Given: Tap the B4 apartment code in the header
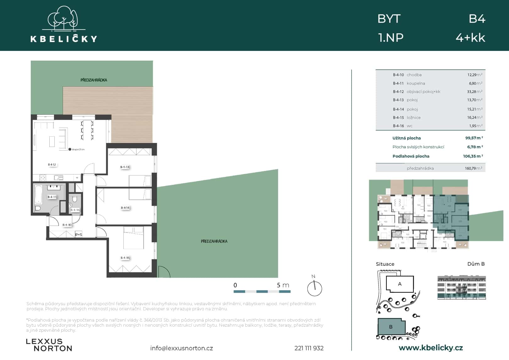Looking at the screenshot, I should coord(477,19).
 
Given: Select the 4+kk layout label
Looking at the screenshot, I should coord(470,38).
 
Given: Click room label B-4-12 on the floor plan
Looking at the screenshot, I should coord(52,165).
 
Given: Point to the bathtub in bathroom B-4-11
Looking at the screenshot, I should coord(38,194).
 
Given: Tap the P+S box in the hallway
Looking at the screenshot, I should coord(79,234).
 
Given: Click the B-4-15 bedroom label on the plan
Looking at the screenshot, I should coord(125,258).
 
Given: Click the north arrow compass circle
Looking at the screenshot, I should coord(315,288).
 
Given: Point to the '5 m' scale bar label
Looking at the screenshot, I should coord(282,285).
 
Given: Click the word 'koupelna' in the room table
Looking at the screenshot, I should coord(416,83).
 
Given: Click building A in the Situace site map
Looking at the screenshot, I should coord(400,284).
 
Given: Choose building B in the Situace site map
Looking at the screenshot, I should coord(391,327).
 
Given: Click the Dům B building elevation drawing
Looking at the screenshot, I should coord(461,287).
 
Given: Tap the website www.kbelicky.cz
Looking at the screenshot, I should coord(430,348).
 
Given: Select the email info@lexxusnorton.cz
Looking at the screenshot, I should coord(181,348).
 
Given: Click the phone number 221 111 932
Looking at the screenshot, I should coord(309,348).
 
